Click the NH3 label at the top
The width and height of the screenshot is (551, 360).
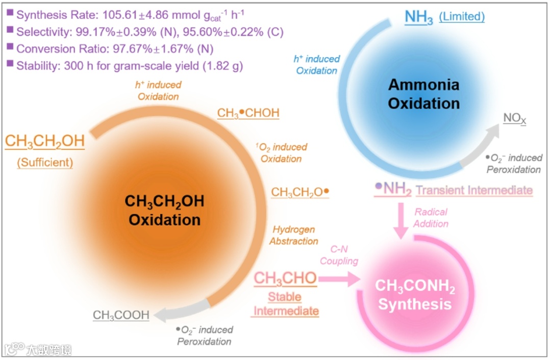point(418,17)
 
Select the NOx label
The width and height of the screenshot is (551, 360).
point(514,119)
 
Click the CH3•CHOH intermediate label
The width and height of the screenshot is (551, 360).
point(248,113)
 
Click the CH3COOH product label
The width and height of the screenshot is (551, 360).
point(121,315)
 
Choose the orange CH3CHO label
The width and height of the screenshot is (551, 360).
point(285,278)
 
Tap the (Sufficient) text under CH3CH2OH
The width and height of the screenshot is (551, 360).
point(45,163)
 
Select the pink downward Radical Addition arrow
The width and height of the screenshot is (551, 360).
point(402,219)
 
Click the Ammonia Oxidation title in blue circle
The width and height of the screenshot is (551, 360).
point(423,94)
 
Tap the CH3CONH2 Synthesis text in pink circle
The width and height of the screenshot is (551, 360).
point(415,295)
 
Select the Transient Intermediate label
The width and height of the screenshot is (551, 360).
point(474,190)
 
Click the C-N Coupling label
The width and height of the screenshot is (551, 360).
point(339,255)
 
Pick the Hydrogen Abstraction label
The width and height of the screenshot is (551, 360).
point(294,235)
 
